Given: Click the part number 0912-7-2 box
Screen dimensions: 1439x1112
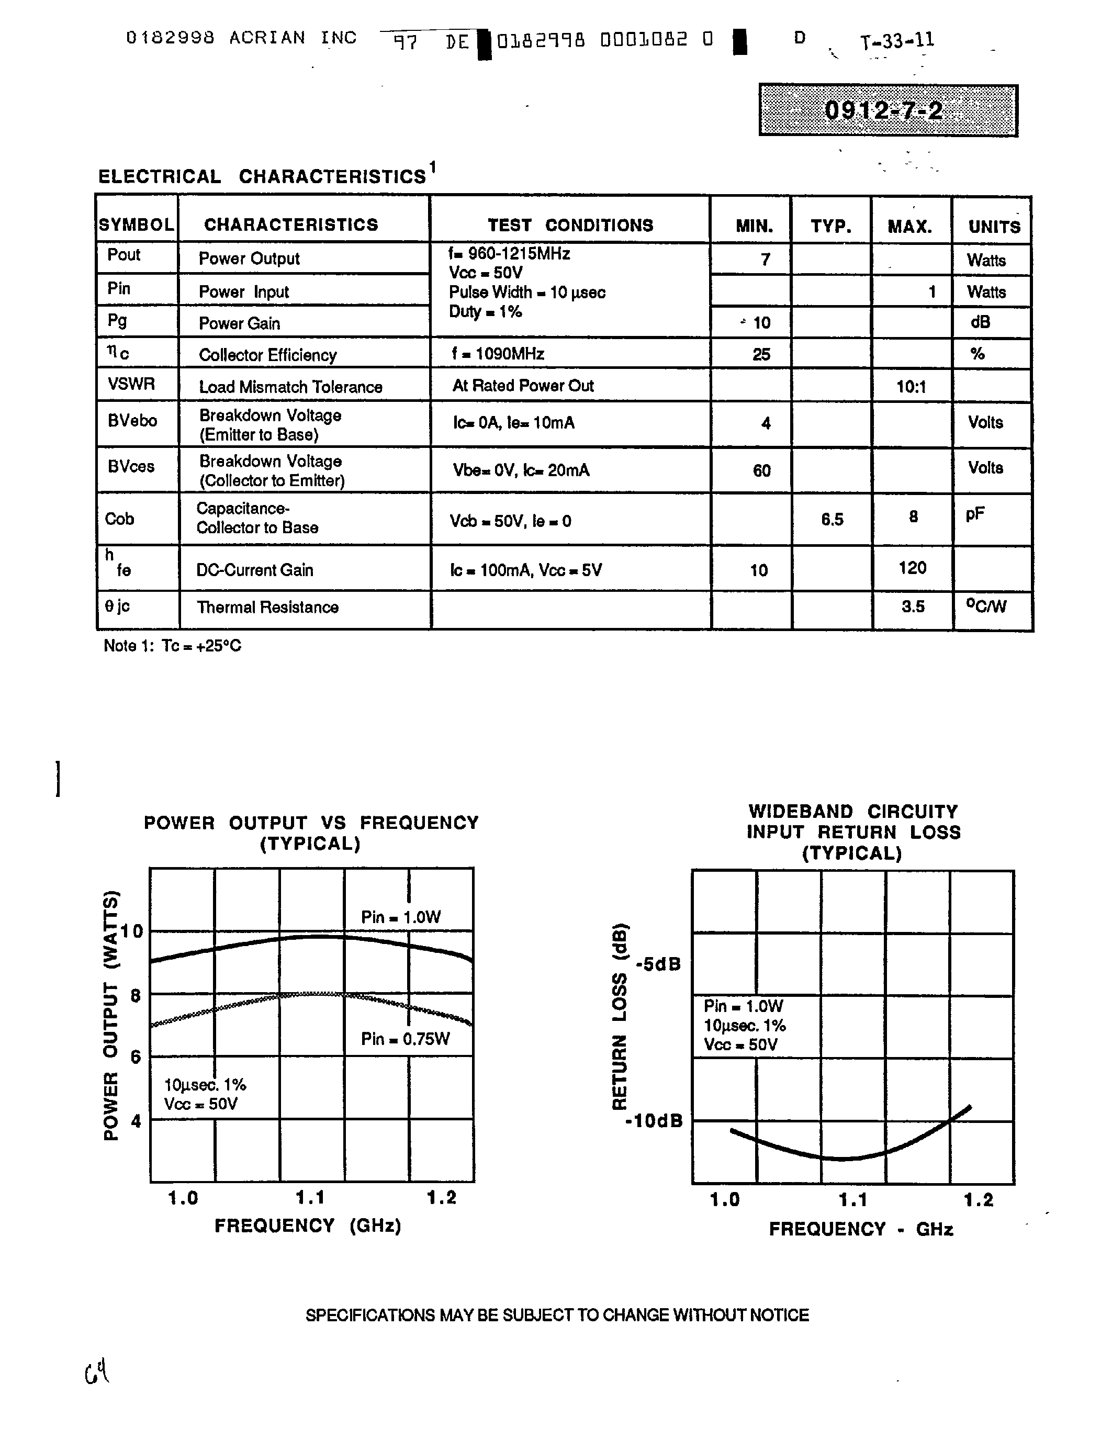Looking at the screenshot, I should tap(888, 110).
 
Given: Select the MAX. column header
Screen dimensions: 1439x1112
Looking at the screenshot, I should tap(910, 227).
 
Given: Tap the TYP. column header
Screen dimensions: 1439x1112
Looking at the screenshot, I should tap(830, 227).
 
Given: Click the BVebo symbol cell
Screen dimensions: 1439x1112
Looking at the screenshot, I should tap(132, 420).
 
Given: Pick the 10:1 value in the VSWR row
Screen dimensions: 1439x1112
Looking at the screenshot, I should tap(911, 387).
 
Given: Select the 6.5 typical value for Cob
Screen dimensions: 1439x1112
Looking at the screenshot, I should tap(832, 520).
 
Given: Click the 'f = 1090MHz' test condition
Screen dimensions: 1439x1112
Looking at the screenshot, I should tap(498, 354).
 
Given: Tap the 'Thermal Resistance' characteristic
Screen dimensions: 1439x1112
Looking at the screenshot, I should tap(267, 607).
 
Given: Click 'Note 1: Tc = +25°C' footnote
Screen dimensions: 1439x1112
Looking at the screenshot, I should tap(173, 646).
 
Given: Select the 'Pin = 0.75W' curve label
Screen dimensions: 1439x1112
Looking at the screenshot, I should tap(405, 1039).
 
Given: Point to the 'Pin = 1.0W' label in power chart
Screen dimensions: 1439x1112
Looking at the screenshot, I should tap(400, 917).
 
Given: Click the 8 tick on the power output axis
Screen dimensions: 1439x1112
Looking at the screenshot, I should tap(136, 995).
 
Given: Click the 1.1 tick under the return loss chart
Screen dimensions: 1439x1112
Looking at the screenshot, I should tap(852, 1200).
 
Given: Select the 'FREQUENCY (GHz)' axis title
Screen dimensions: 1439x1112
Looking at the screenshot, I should tap(308, 1226).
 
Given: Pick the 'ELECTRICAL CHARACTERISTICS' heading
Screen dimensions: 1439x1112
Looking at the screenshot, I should tap(262, 176).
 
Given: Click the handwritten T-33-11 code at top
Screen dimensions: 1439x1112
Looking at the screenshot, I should tap(897, 41).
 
